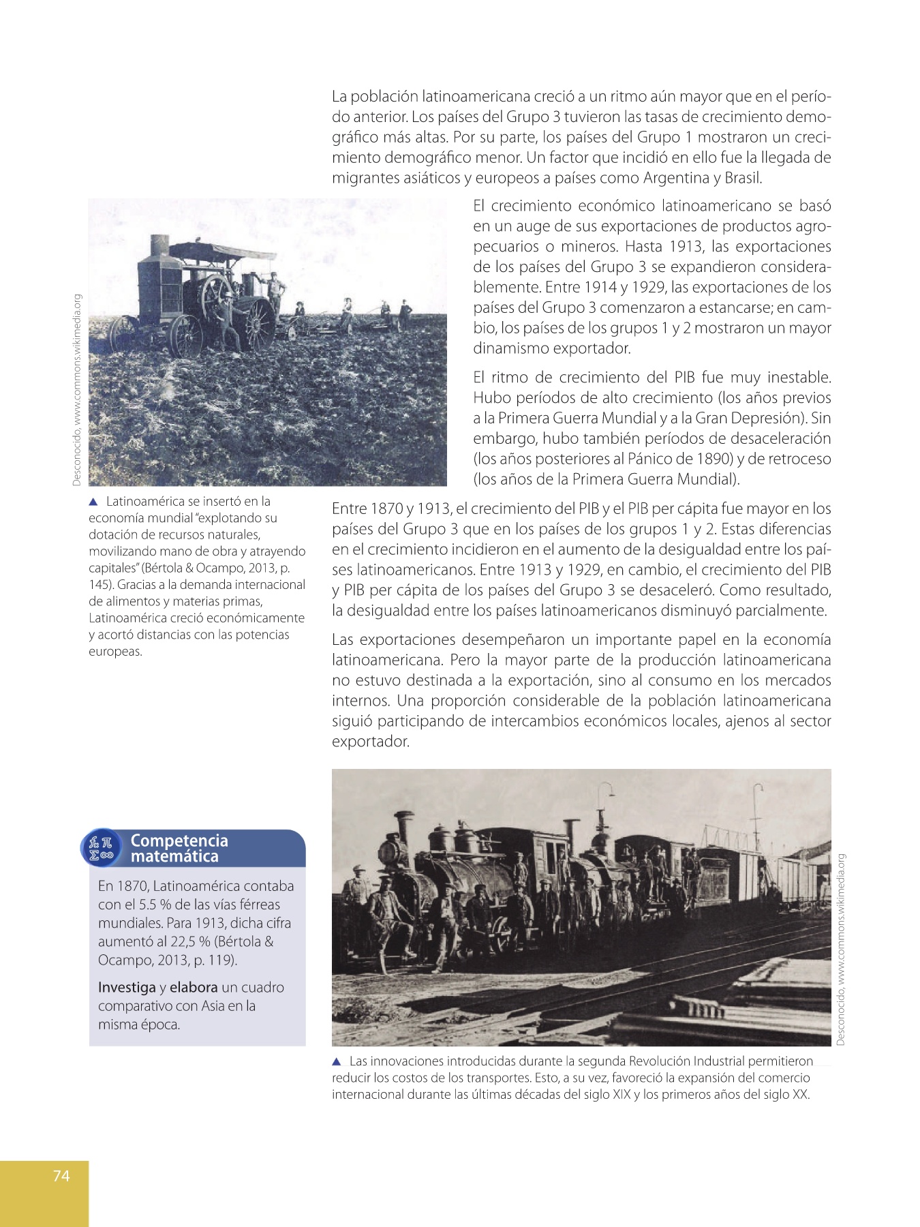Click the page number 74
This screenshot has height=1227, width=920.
[61, 1175]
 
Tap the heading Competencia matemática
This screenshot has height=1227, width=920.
[179, 848]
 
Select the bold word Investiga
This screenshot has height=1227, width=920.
[127, 987]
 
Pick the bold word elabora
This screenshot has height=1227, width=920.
[194, 987]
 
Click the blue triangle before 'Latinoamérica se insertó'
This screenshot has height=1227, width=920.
[94, 502]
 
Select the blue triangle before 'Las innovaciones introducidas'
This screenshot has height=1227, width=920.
[337, 1061]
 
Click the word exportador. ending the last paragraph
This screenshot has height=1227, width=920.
[370, 741]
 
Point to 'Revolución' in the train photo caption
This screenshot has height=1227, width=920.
[658, 1061]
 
